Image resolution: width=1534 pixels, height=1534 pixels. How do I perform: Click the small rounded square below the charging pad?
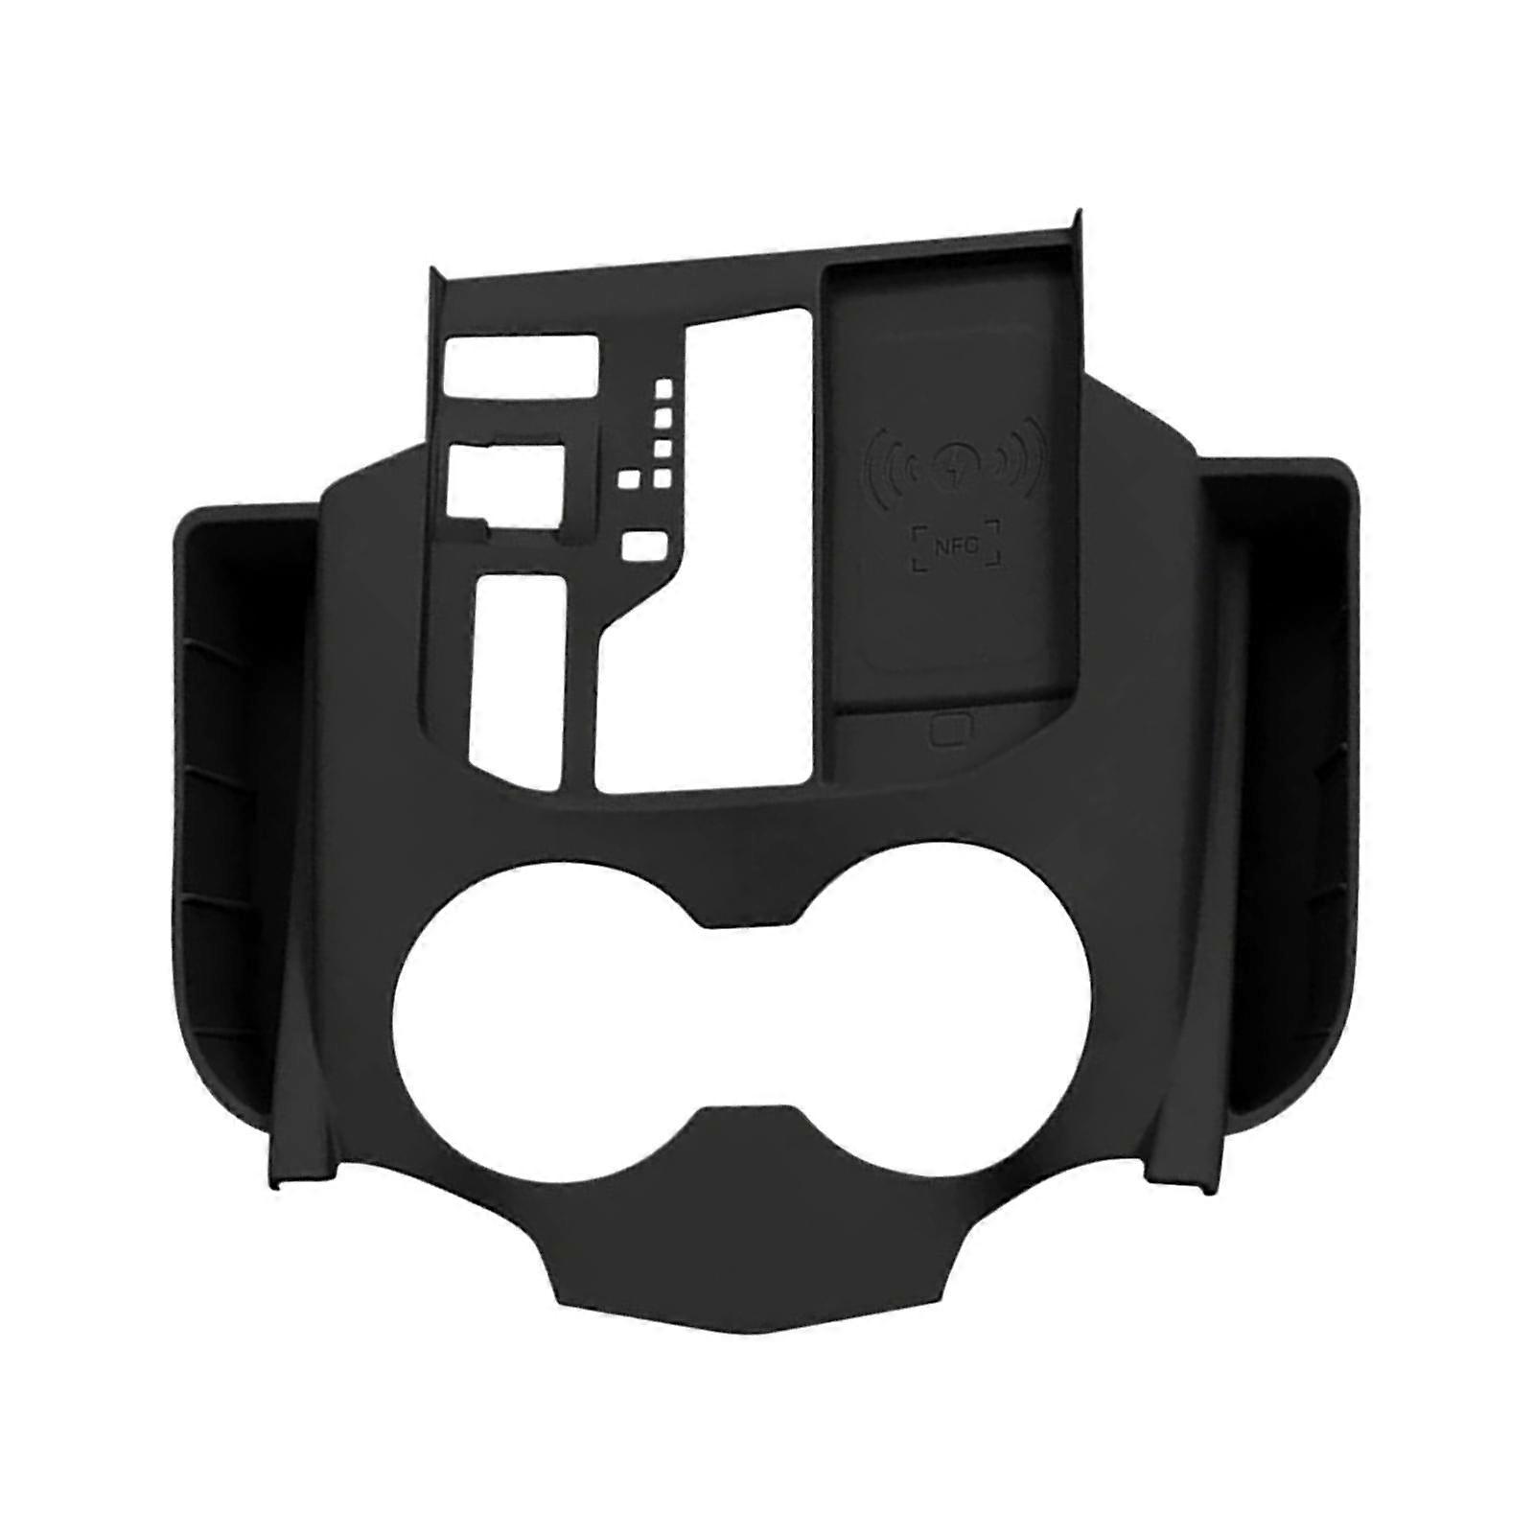click(947, 732)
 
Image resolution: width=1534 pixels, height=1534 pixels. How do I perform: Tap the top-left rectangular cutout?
click(521, 364)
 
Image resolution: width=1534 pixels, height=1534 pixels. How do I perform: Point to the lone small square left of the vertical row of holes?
click(629, 480)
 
